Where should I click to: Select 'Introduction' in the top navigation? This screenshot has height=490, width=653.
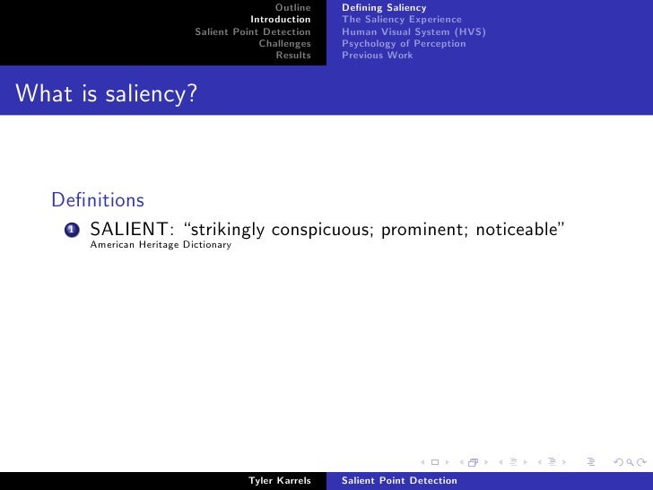(281, 20)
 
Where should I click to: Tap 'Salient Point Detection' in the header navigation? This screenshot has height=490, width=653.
(253, 31)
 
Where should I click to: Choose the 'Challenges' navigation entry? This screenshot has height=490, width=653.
(284, 43)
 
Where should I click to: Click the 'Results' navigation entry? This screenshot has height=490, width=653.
(293, 55)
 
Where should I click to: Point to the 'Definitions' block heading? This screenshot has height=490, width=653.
(99, 198)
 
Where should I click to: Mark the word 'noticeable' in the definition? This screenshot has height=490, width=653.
(518, 229)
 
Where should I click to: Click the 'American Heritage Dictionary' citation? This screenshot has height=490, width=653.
(161, 245)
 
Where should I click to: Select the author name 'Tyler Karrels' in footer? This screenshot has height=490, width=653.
(279, 481)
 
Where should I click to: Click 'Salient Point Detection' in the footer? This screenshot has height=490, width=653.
(399, 481)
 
